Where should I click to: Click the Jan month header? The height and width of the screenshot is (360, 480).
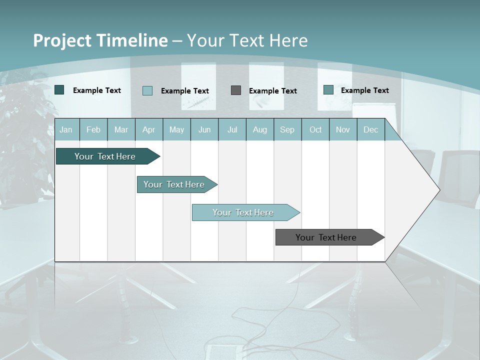66,129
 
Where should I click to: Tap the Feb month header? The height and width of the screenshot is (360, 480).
93,129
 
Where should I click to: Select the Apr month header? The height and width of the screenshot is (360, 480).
148,129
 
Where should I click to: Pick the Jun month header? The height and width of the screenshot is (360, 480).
204,129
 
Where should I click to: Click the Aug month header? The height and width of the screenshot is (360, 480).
259,129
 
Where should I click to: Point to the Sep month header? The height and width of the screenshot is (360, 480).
287,129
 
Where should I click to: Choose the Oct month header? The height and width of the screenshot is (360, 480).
315,129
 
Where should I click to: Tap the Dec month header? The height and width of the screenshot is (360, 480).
370,129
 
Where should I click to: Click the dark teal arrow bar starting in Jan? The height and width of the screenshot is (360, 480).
105,156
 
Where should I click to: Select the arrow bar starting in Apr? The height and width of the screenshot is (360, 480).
174,184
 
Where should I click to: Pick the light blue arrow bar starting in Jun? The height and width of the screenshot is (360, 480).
243,212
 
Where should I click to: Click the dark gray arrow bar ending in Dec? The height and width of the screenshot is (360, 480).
326,237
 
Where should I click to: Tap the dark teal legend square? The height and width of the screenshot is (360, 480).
59,90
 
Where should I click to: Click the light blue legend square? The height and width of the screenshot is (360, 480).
147,90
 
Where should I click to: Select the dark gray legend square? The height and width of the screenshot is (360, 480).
236,90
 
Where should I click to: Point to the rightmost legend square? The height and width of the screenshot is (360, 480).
328,90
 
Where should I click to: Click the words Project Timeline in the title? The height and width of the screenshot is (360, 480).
100,40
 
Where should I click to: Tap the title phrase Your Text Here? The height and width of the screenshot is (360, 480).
247,40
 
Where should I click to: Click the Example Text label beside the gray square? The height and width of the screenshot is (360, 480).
273,90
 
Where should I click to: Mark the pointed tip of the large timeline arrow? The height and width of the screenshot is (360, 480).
439,189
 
